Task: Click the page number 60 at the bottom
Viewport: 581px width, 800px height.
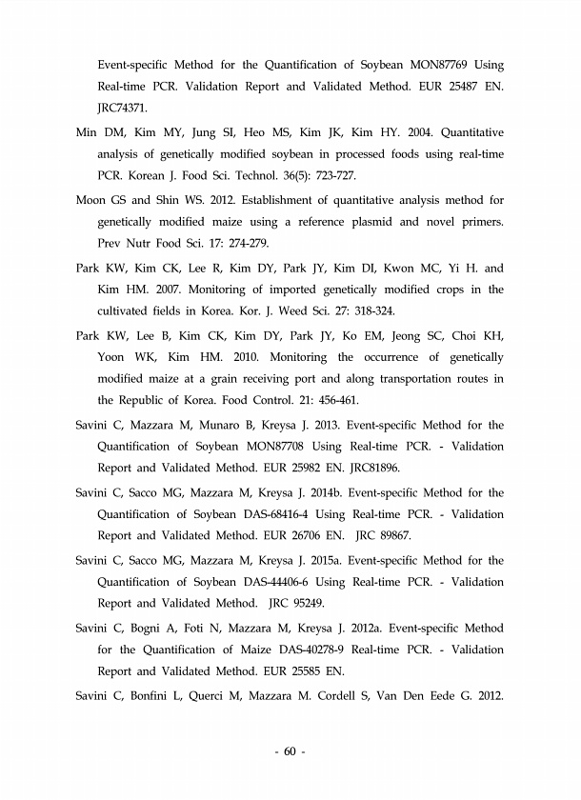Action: pos(290,752)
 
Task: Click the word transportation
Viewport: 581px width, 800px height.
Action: pos(414,379)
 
